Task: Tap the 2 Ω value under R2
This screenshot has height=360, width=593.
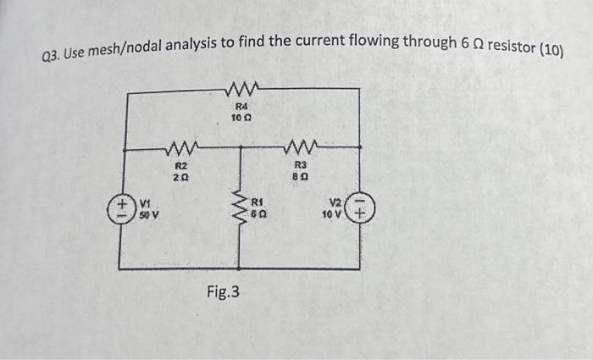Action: coord(181,179)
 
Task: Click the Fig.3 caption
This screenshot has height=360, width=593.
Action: coord(224,292)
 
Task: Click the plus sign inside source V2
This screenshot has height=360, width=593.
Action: coord(361,215)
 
